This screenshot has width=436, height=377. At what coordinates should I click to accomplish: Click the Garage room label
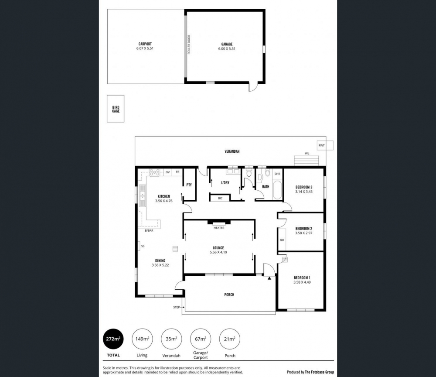[x=227, y=44]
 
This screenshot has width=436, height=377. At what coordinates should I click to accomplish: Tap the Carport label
[x=145, y=44]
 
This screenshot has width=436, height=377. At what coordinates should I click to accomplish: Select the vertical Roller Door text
[x=189, y=45]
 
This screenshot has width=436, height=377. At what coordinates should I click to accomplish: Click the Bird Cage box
[x=116, y=109]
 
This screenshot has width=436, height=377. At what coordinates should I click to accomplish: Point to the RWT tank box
[x=325, y=145]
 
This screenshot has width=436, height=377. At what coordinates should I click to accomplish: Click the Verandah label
[x=232, y=151]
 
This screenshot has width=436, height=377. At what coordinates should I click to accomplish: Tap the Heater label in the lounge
[x=219, y=228]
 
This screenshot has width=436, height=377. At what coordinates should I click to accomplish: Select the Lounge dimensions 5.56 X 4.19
[x=218, y=252]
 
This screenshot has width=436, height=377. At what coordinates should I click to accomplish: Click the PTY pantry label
[x=189, y=185]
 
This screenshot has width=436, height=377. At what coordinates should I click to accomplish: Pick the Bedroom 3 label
[x=304, y=187]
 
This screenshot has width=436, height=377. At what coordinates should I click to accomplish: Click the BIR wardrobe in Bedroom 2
[x=282, y=240]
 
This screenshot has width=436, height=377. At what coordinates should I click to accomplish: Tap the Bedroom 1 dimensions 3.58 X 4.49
[x=302, y=282]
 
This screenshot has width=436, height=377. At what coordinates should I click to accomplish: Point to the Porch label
[x=229, y=295]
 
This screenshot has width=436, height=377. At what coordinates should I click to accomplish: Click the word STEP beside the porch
[x=176, y=308]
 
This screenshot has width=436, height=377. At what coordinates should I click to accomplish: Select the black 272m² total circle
[x=113, y=339]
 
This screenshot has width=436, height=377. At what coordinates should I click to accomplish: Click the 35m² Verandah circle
[x=171, y=339]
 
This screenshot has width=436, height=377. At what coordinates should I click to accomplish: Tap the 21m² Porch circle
[x=230, y=339]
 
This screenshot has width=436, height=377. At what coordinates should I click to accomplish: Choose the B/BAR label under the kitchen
[x=149, y=231]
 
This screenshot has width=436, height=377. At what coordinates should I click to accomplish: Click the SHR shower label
[x=277, y=174]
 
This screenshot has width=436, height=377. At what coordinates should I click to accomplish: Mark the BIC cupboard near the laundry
[x=220, y=199]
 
